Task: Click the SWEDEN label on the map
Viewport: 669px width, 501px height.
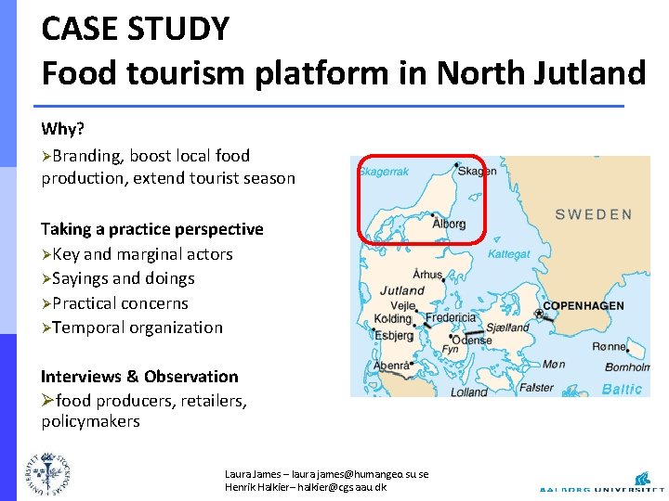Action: (593, 214)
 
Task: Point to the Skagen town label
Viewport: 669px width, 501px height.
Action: (477, 172)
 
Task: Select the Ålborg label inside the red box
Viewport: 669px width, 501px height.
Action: (449, 224)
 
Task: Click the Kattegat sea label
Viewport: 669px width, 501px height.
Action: (509, 253)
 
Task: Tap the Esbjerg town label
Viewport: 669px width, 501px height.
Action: (394, 336)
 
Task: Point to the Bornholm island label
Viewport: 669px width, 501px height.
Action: (626, 367)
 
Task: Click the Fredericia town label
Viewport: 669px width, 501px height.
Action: (450, 318)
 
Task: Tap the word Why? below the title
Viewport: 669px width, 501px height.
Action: (61, 129)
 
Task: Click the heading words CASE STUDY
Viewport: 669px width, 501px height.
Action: (135, 29)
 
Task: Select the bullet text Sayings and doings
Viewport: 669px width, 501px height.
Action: (124, 278)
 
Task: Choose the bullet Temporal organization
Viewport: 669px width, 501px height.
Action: (138, 328)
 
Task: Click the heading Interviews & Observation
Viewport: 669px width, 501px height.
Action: (139, 376)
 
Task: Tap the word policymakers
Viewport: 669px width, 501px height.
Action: (90, 421)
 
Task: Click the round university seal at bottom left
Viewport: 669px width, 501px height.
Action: (46, 472)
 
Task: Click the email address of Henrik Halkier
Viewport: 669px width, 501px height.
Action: (347, 487)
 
